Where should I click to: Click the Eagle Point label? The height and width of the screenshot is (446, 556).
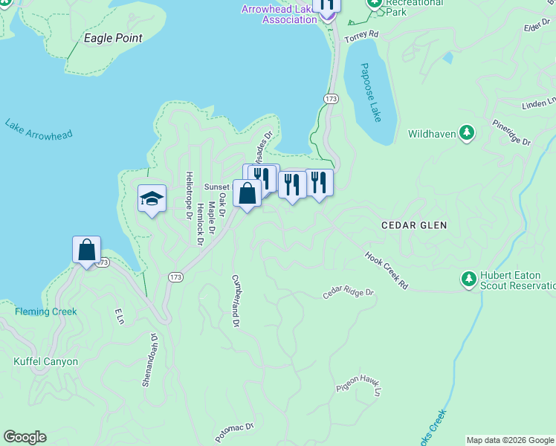point(113,38)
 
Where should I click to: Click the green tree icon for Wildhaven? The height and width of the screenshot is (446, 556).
point(466,133)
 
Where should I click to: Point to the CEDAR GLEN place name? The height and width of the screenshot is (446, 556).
point(413,224)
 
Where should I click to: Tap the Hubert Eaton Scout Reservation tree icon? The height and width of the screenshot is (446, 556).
point(468,279)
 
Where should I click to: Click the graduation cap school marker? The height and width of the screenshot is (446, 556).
point(152,199)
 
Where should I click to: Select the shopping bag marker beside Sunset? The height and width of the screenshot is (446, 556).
point(247,194)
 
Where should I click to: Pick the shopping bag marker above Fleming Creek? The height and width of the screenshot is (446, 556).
point(86,250)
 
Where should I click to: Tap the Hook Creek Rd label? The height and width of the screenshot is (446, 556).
point(387,270)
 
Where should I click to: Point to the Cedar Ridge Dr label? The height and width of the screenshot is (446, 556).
point(348,294)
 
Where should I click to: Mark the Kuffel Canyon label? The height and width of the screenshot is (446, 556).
point(45,362)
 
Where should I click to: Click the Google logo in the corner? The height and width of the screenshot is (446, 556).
point(25,437)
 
